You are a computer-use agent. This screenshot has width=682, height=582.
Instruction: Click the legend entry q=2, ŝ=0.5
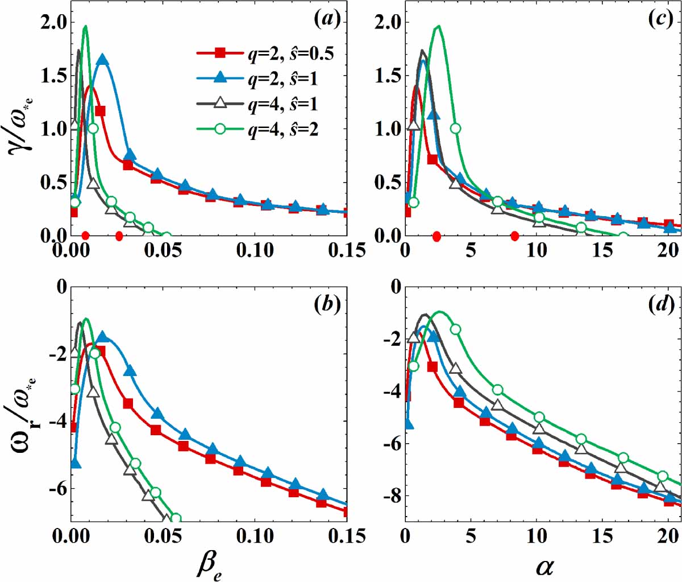pyautogui.click(x=265, y=53)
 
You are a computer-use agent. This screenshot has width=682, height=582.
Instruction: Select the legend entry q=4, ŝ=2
pyautogui.click(x=265, y=130)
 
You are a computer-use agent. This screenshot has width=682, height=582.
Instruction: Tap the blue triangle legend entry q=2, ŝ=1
pyautogui.click(x=265, y=79)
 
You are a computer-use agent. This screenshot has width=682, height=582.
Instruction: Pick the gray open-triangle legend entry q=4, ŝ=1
pyautogui.click(x=265, y=105)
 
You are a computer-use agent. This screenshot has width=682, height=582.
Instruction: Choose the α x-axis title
pyautogui.click(x=544, y=566)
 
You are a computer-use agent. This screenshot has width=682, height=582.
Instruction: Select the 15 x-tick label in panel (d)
pyautogui.click(x=602, y=536)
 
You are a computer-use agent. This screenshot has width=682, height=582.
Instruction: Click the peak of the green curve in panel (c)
pyautogui.click(x=438, y=26)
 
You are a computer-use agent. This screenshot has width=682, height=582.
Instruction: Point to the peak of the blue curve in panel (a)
pyautogui.click(x=102, y=59)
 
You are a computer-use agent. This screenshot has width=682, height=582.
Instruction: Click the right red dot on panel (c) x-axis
pyautogui.click(x=514, y=236)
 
